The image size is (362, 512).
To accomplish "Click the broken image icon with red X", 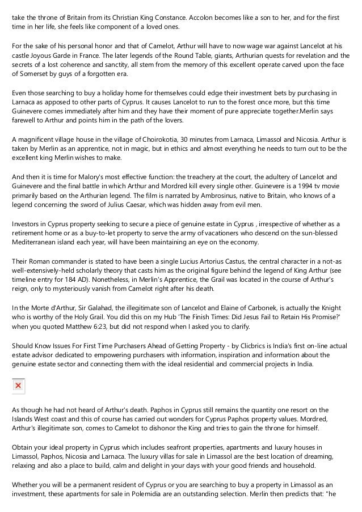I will coord(19,386).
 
